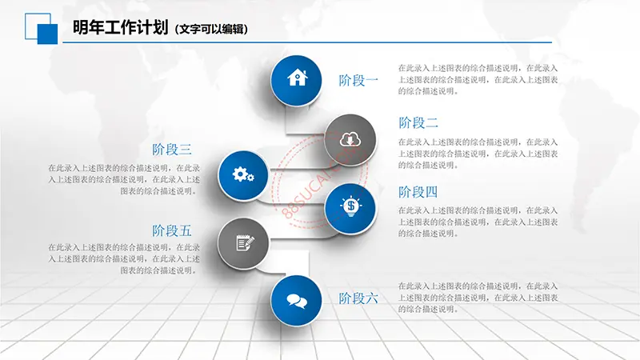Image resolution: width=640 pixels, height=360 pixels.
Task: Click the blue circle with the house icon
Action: click(x=296, y=81)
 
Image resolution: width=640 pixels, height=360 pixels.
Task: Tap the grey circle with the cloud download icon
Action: click(x=350, y=139)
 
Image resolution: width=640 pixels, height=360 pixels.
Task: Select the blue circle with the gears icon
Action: click(x=243, y=175)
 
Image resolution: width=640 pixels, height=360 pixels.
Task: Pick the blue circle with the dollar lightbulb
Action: click(x=350, y=208)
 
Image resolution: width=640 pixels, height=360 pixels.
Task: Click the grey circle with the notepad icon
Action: click(x=243, y=243)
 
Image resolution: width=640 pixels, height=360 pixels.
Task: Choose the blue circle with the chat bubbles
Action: click(x=296, y=301)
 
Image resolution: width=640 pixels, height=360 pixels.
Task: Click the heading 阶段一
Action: click(x=358, y=81)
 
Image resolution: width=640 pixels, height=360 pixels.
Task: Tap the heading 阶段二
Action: click(x=418, y=122)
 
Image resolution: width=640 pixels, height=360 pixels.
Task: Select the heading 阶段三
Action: click(x=171, y=150)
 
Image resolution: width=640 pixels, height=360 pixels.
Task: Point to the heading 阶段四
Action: click(x=418, y=192)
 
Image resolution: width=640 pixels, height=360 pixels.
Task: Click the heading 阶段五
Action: click(x=171, y=230)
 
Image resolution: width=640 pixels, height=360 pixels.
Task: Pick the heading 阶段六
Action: click(x=358, y=298)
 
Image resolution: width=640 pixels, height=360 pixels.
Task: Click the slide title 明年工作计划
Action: click(x=121, y=27)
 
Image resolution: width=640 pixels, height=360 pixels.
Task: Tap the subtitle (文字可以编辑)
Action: click(x=211, y=29)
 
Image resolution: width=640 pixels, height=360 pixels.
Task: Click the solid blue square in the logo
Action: click(x=47, y=34)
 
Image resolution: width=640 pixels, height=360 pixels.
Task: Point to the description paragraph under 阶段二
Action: click(x=478, y=154)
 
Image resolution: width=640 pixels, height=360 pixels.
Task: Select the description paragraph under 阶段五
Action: click(x=124, y=258)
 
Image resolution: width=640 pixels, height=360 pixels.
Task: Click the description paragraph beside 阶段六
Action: click(x=478, y=298)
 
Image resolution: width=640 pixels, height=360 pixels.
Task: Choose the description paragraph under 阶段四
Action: click(x=478, y=222)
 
